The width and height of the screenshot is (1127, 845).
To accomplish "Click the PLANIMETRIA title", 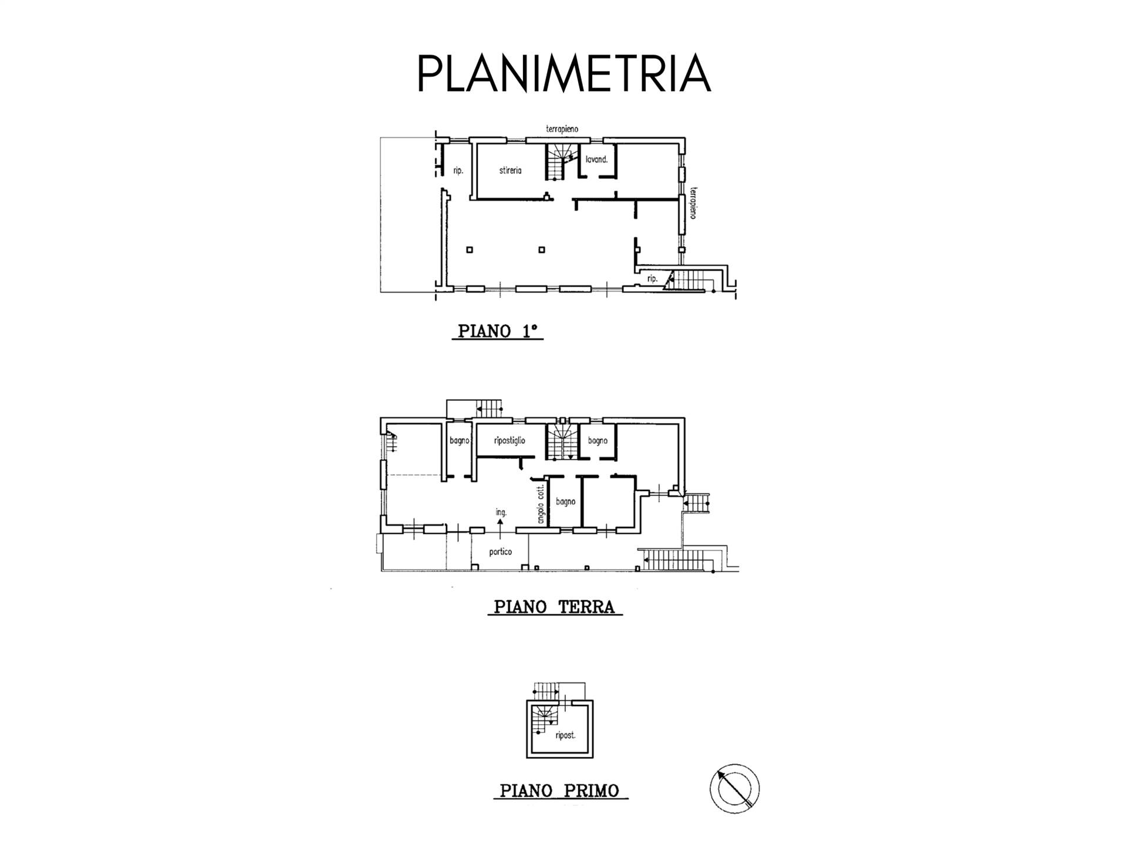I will point(563,73).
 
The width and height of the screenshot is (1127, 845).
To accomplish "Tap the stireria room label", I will point(510,171).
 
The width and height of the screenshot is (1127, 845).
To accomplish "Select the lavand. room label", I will point(596,159).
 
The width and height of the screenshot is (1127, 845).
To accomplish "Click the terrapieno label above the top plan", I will point(562,129).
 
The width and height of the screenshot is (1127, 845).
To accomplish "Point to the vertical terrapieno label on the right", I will point(693,203).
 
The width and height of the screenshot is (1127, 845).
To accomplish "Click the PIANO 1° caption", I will point(497,332).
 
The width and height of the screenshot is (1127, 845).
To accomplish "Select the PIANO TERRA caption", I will point(554,607).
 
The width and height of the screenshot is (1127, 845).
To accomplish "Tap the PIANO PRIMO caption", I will point(559,791).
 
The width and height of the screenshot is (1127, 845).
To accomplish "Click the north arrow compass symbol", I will point(734,789).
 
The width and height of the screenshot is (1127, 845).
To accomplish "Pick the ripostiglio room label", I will point(509,441).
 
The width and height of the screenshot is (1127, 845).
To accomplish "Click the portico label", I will point(500,552).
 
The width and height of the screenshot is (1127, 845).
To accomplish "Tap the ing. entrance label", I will point(500,512).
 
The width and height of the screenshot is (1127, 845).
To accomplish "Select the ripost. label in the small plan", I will point(565,735).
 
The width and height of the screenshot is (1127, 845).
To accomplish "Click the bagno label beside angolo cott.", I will point(565,502).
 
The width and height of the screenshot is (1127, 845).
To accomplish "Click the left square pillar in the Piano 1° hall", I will point(469,250).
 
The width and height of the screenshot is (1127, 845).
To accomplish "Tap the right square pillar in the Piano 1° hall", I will point(542,250).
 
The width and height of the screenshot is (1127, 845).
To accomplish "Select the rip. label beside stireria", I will point(458,171).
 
